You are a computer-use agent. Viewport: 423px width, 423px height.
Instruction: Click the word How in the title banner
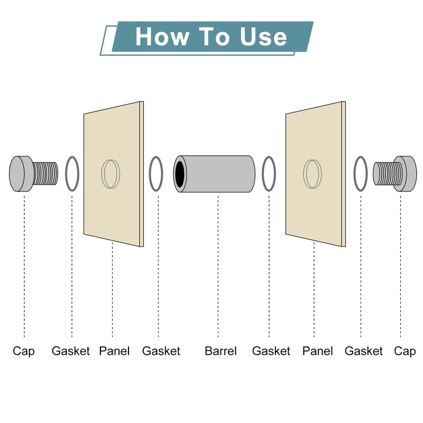pos(162,36)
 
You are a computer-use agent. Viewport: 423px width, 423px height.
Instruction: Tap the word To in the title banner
pos(214,36)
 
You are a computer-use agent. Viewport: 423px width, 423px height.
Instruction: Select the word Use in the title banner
pos(263,36)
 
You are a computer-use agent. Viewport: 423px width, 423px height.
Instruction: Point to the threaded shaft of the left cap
pos(45,174)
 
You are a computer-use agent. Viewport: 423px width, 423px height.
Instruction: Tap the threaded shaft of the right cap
pos(383,174)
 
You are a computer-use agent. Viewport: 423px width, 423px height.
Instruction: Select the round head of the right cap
pos(405,174)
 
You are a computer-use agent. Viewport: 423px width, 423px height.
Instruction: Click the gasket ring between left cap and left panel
pos(66,174)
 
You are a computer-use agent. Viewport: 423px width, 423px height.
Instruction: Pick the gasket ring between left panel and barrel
pos(150,174)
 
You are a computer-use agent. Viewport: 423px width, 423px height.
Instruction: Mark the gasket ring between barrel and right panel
pos(262,174)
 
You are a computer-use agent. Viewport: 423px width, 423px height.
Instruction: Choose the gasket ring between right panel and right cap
pos(354,174)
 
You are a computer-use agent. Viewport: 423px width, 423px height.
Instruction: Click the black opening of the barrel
pos(180,174)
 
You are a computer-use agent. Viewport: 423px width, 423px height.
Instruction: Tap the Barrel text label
pos(220,351)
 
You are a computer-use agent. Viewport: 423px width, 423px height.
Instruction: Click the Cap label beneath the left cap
pos(24,352)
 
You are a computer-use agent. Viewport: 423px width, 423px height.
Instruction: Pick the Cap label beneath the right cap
pos(404,352)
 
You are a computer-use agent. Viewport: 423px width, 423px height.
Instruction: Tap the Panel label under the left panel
pos(114,351)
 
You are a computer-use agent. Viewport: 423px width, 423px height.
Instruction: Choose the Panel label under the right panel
pos(318,351)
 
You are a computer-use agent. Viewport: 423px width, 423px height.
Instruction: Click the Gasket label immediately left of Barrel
pos(161,351)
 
